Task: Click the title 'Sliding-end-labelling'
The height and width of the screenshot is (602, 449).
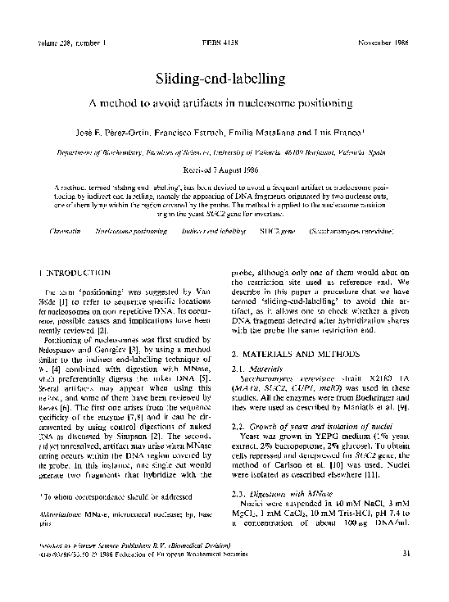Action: tap(224, 79)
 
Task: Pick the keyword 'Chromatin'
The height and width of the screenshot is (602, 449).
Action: tap(66, 232)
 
